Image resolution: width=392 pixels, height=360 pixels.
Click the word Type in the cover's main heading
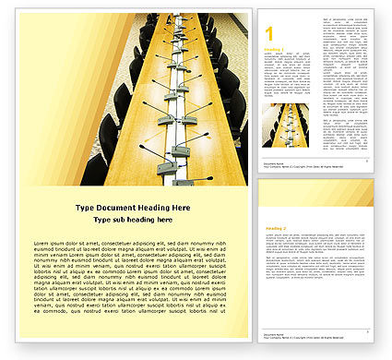pos(84,206)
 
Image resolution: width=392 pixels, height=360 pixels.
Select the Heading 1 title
pos(273,50)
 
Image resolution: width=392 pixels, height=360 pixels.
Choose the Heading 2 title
pos(274,226)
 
